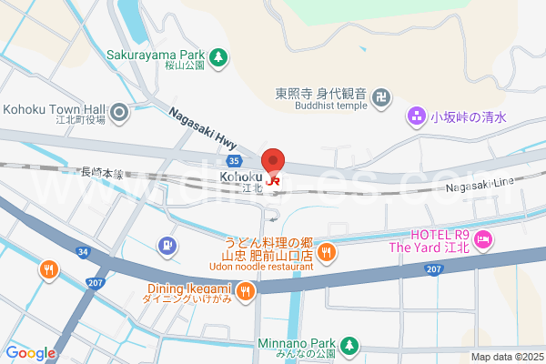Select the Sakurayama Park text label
click(x=157, y=55)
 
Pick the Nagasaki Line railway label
click(x=480, y=185)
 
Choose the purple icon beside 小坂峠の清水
click(x=416, y=116)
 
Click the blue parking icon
click(x=167, y=245)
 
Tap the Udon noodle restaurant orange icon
click(x=326, y=252)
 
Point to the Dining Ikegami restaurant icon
click(x=246, y=291)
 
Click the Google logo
click(x=30, y=353)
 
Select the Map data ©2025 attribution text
click(x=506, y=357)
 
